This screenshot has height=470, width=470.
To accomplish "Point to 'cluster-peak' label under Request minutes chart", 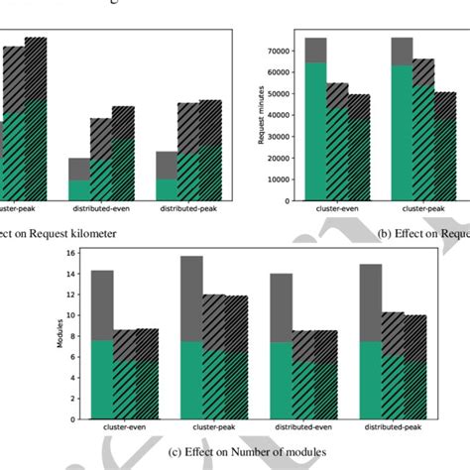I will click(422, 210).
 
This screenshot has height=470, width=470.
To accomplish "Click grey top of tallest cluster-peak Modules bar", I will click(190, 297).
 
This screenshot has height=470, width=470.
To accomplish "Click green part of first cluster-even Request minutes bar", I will click(315, 129).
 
